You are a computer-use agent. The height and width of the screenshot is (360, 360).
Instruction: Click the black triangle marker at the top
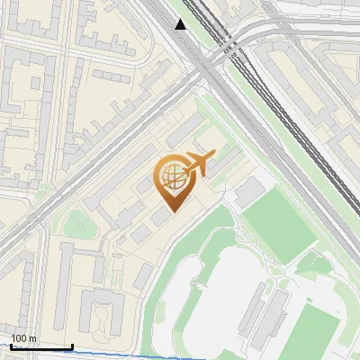tap(181, 24)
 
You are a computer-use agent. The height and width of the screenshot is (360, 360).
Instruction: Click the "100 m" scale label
tap(23, 338)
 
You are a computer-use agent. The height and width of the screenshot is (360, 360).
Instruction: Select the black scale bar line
tap(41, 346)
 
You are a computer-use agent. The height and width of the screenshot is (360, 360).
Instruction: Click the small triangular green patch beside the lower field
tap(310, 265)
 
